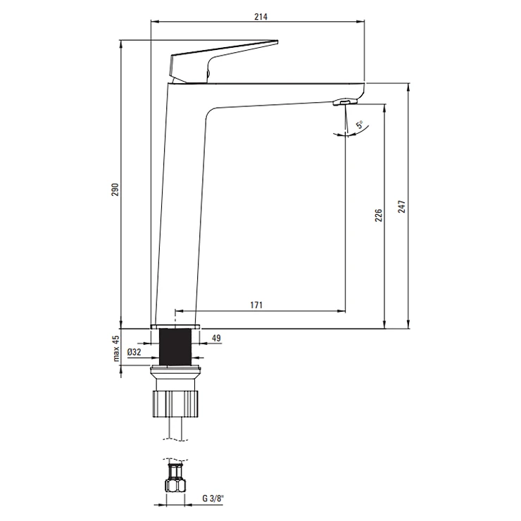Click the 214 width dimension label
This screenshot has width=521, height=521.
260,17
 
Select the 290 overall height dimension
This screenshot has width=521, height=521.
115,189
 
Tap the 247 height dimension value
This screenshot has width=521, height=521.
402,206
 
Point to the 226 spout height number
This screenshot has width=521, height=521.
379,215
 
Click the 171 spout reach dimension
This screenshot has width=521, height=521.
256,305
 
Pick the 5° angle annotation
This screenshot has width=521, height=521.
360,125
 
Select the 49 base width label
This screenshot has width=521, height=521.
216,338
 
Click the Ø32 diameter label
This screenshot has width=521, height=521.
134,352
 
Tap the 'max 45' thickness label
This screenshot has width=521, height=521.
115,349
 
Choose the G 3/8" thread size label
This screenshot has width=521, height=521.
213,498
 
